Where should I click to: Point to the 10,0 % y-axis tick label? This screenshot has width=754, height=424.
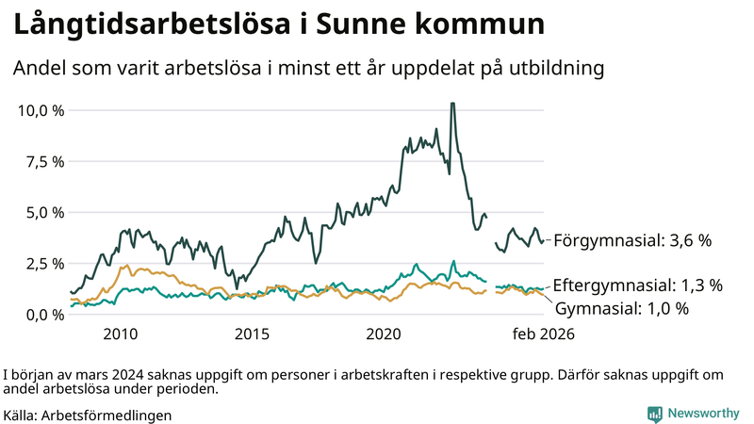pyautogui.click(x=41, y=110)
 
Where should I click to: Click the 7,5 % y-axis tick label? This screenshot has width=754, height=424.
pyautogui.click(x=45, y=161)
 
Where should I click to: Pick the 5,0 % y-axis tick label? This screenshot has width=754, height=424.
pyautogui.click(x=45, y=212)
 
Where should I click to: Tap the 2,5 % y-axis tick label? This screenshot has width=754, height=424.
pyautogui.click(x=45, y=263)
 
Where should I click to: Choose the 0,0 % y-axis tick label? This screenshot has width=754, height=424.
pyautogui.click(x=45, y=314)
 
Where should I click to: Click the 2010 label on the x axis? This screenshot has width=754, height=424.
pyautogui.click(x=121, y=334)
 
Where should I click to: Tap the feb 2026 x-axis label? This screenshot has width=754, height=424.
pyautogui.click(x=543, y=334)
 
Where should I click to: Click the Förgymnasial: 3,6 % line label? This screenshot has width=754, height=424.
pyautogui.click(x=631, y=240)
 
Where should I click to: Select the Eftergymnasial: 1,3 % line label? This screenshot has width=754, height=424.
pyautogui.click(x=637, y=285)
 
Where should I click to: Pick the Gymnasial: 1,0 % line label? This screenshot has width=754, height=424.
pyautogui.click(x=622, y=308)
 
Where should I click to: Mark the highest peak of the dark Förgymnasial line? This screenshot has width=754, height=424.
pyautogui.click(x=452, y=105)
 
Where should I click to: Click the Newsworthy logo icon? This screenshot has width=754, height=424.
pyautogui.click(x=654, y=413)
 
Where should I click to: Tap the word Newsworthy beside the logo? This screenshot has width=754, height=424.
pyautogui.click(x=703, y=413)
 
